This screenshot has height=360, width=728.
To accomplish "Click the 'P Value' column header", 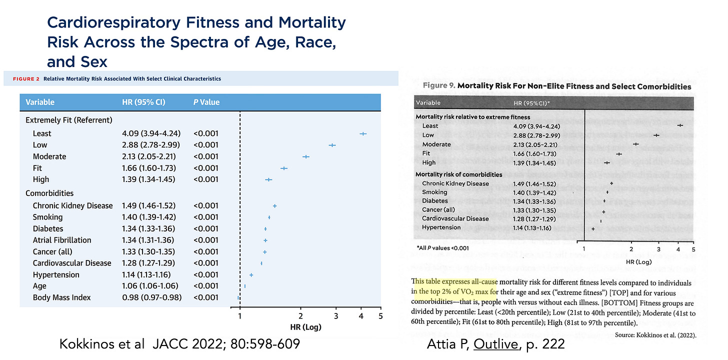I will [206, 102].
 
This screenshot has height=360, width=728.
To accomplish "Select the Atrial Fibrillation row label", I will [62, 240].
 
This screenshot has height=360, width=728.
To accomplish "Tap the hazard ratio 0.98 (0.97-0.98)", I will [150, 297].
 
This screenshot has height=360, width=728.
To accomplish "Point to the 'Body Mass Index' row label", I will [62, 297].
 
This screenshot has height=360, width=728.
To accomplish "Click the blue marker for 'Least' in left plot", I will [363, 133].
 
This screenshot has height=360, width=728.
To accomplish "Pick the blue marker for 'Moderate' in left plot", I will [306, 156].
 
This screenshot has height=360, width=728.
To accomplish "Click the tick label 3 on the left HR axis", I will [336, 316].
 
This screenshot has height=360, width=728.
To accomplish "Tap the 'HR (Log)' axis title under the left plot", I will [305, 327].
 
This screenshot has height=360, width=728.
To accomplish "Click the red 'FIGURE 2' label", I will [23, 78].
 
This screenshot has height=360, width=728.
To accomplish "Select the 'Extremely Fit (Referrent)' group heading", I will [68, 120].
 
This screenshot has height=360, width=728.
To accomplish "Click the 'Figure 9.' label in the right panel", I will [438, 86].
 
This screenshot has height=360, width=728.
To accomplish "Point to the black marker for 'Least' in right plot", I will [680, 125].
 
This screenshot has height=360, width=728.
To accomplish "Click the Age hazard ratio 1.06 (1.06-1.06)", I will [146, 286].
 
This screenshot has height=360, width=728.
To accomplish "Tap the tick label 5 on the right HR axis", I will [693, 248].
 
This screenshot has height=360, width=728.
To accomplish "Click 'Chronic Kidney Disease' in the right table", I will [455, 183].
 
